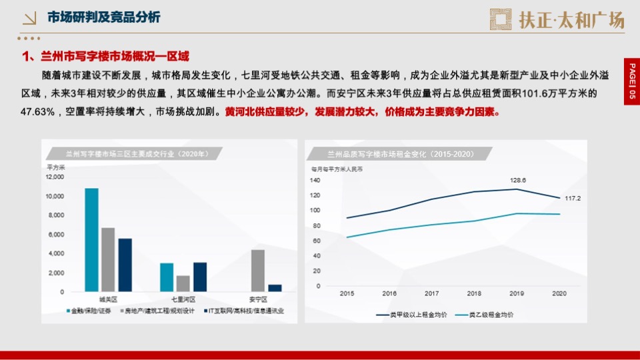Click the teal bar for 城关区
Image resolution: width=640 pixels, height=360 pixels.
[x=91, y=240]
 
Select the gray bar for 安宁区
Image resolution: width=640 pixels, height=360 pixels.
[x=258, y=271]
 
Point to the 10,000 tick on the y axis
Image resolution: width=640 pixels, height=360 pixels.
[x=55, y=196]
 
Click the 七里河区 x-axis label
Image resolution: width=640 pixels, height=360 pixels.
[x=183, y=300]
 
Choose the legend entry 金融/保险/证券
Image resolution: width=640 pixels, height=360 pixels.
[x=91, y=311]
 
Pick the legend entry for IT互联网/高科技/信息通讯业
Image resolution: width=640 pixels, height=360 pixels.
[x=244, y=311]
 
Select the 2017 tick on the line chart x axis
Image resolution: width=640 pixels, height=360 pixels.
[x=432, y=293]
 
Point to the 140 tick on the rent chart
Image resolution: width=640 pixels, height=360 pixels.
[x=315, y=180]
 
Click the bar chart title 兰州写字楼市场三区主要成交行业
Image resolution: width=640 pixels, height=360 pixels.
[x=127, y=154]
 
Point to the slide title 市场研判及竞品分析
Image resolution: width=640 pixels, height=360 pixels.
[x=103, y=17]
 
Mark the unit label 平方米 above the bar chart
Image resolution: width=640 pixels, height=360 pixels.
[x=55, y=167]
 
